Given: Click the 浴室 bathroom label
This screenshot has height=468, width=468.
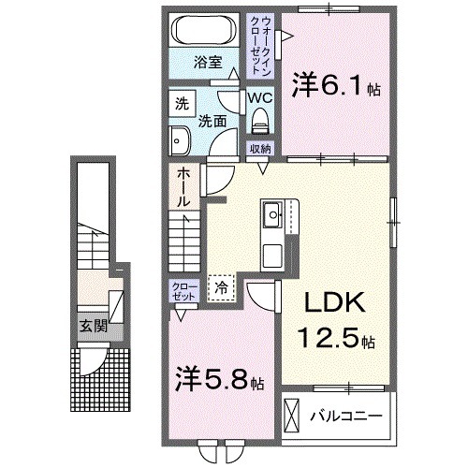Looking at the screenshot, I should (208, 63).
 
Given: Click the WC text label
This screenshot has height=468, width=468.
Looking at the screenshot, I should (259, 95).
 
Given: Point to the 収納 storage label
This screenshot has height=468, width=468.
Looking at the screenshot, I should (260, 149).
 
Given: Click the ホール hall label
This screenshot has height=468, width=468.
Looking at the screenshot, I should (183, 187).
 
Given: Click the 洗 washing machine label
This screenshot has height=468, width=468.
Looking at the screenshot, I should (181, 105).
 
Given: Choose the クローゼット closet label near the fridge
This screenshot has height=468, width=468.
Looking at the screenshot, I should (181, 289).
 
